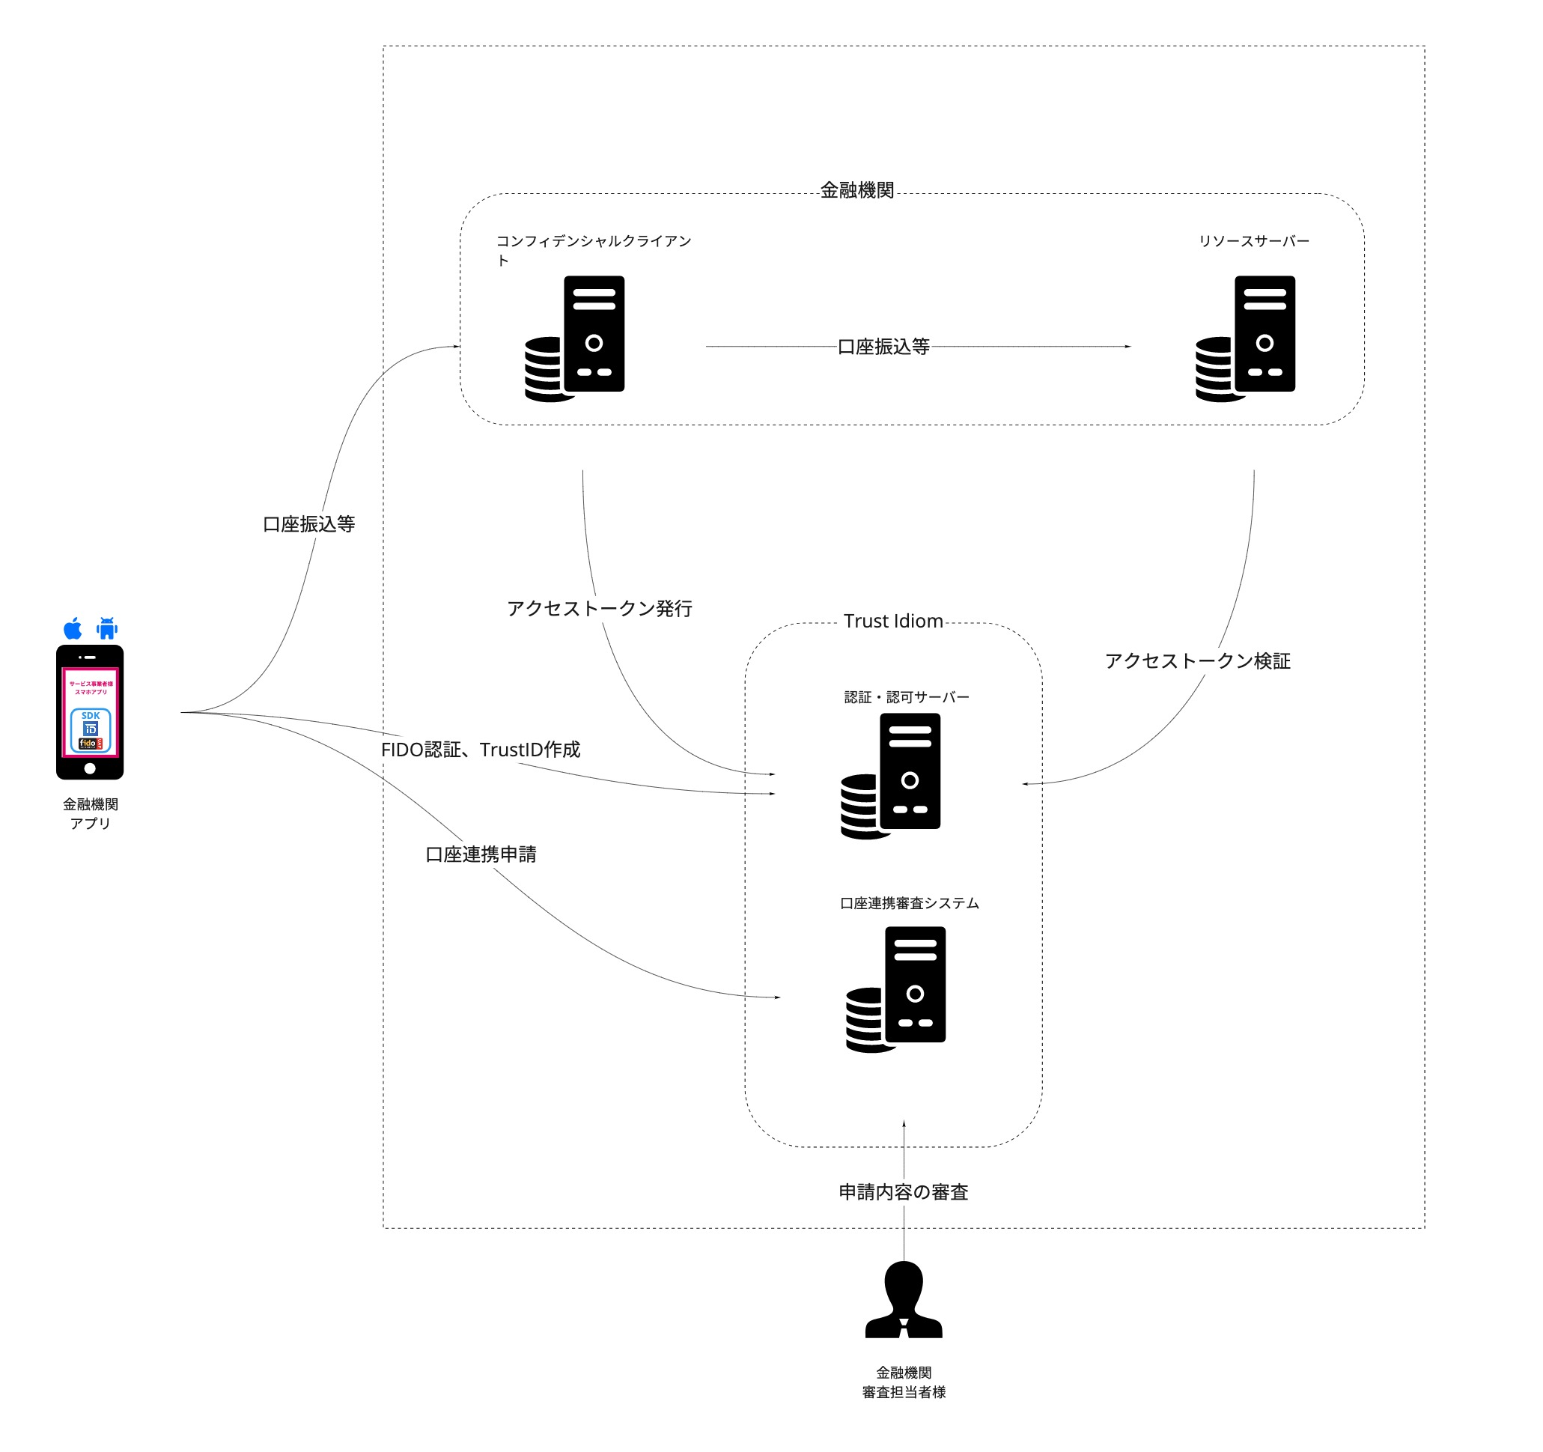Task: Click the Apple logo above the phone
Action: tap(73, 628)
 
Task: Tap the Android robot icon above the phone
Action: tap(107, 628)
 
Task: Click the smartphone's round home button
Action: tap(90, 769)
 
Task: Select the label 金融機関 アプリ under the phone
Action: tap(90, 814)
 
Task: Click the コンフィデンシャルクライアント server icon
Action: tap(575, 338)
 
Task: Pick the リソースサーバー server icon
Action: tap(1246, 338)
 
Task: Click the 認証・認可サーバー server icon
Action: tap(891, 776)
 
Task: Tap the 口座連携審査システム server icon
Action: tap(895, 989)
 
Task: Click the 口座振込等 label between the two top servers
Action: tap(883, 346)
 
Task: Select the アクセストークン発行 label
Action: tap(599, 608)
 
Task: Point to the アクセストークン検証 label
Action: tap(1198, 660)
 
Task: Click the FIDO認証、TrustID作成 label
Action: tap(481, 750)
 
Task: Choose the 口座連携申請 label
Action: tap(481, 854)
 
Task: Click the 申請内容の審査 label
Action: tap(904, 1192)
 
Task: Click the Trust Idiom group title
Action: tap(893, 622)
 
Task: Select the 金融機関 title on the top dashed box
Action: tap(857, 190)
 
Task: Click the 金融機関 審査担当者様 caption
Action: tap(904, 1382)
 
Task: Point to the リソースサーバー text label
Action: tap(1253, 241)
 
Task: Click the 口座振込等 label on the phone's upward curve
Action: tap(309, 524)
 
